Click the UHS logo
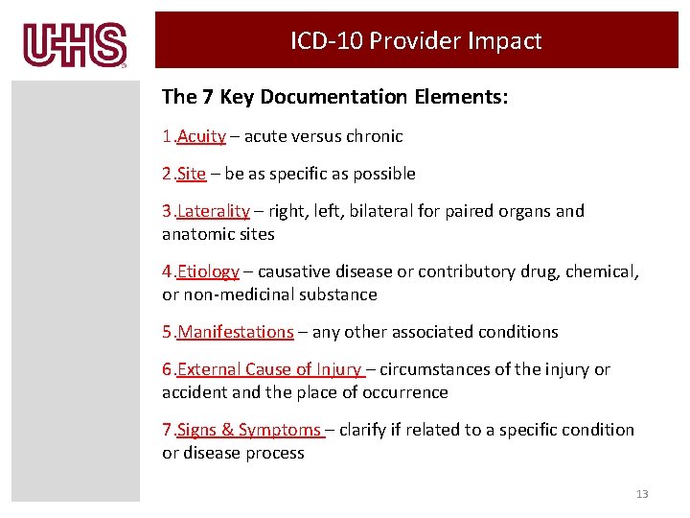[76, 45]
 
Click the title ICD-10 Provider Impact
[416, 41]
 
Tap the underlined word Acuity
[201, 136]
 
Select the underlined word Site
[192, 174]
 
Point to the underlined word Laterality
[213, 211]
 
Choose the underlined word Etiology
[208, 271]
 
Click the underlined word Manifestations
[236, 332]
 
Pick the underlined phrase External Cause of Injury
[269, 369]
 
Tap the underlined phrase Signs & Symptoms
[249, 430]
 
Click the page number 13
[642, 494]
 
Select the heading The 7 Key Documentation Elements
[335, 97]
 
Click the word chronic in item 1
[375, 136]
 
